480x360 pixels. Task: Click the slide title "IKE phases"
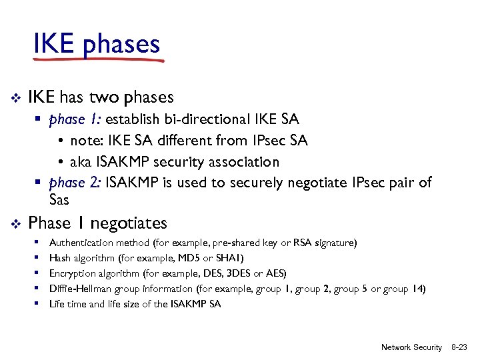point(97,44)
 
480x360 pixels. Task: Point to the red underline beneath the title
point(99,60)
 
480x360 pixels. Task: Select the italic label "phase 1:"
point(75,120)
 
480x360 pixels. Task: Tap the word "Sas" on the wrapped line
point(59,200)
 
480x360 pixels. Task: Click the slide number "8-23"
point(459,347)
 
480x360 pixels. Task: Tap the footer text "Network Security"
point(411,347)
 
